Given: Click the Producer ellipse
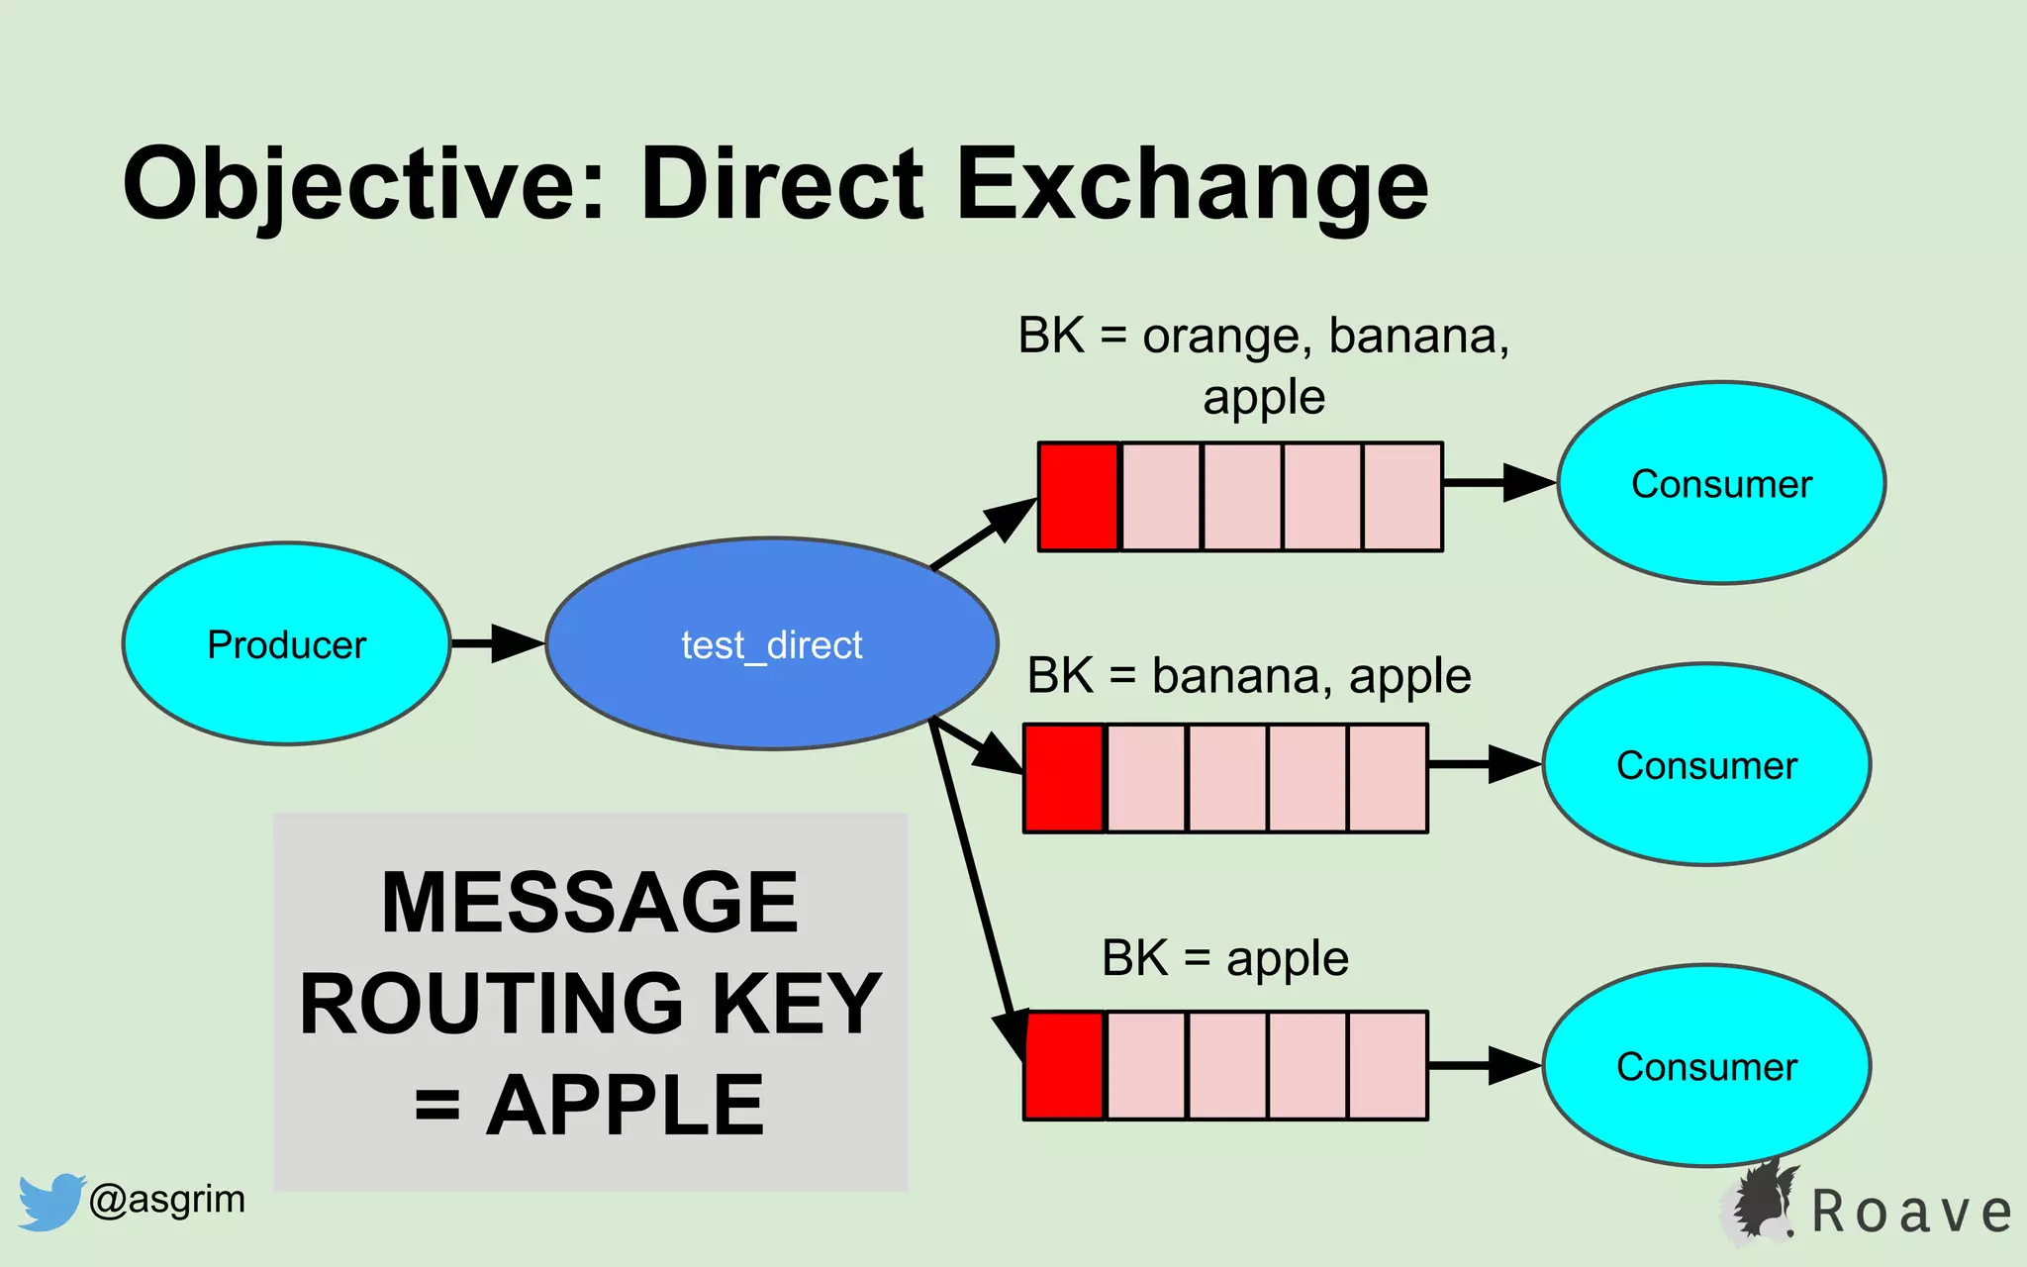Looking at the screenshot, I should (x=286, y=643).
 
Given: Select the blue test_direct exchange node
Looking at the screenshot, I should (x=771, y=643).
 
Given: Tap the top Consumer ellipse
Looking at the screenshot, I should (x=1721, y=483).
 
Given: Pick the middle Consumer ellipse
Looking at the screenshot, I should (x=1706, y=764).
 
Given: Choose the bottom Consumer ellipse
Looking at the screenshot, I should (x=1706, y=1066).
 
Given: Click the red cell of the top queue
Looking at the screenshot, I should (x=1078, y=497).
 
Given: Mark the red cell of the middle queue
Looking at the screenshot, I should (x=1064, y=778).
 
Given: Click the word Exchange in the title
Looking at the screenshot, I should (x=1192, y=184).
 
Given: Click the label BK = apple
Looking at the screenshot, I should (x=1224, y=958).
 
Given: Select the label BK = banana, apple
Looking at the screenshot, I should (x=1249, y=677).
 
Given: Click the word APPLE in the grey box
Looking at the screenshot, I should (x=626, y=1106).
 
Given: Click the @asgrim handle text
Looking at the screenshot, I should (x=166, y=1200).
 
